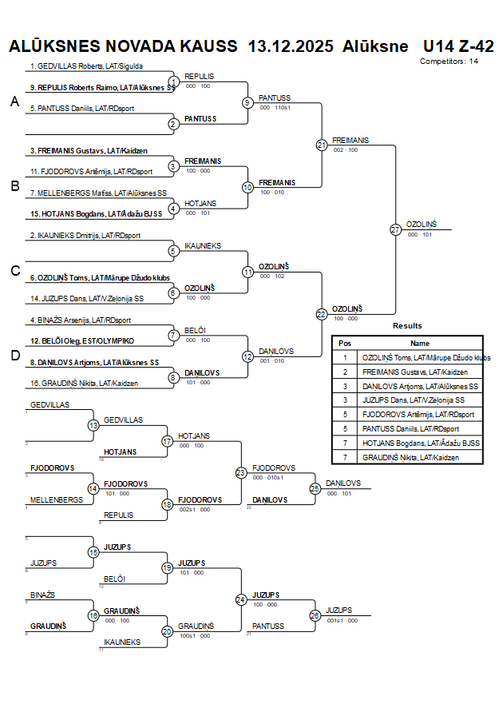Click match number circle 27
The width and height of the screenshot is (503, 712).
click(x=395, y=230)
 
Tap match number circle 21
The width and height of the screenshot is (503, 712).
click(x=322, y=145)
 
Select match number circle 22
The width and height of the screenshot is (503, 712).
click(x=322, y=314)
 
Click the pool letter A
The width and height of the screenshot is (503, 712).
click(x=14, y=101)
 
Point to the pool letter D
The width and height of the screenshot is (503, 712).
click(x=14, y=356)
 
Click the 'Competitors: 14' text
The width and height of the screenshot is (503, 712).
click(x=450, y=61)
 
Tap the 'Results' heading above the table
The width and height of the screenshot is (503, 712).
click(x=407, y=326)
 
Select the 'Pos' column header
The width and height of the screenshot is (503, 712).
click(x=345, y=343)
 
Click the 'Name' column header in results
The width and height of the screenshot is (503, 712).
click(x=419, y=343)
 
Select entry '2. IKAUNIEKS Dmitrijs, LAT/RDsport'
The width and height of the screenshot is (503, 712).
click(x=85, y=236)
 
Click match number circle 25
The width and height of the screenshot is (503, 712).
click(x=315, y=487)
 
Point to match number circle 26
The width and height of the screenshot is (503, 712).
click(x=315, y=615)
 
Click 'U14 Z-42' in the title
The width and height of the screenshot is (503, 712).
click(x=458, y=46)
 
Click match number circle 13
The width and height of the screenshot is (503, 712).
click(x=93, y=425)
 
